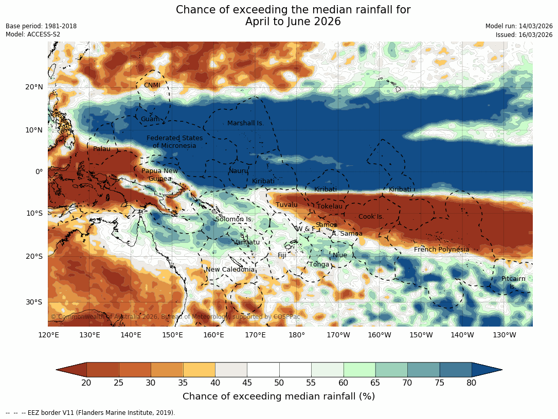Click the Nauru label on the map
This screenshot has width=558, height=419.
click(x=239, y=171)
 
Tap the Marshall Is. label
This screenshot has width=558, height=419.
click(x=245, y=123)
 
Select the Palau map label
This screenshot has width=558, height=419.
click(x=101, y=149)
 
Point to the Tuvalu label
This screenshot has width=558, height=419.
click(x=286, y=205)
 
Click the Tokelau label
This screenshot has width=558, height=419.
click(x=330, y=206)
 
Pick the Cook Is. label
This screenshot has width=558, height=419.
click(x=371, y=217)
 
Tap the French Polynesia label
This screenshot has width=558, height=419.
click(x=441, y=250)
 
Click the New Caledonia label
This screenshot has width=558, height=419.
click(x=230, y=270)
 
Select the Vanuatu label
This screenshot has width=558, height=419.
click(x=246, y=242)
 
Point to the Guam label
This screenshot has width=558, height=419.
click(x=150, y=119)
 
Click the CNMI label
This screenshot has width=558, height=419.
click(x=152, y=85)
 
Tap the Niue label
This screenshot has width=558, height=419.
click(x=339, y=255)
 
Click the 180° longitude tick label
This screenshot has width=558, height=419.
click(x=297, y=335)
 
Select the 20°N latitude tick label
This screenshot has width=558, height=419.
click(x=34, y=87)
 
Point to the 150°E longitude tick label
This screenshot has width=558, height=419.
click(x=172, y=335)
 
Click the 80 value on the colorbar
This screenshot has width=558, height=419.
click(x=472, y=383)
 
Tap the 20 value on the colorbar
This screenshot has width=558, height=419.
click(x=86, y=383)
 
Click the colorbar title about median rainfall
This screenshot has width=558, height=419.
click(x=279, y=396)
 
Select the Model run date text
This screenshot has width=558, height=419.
click(x=519, y=26)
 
